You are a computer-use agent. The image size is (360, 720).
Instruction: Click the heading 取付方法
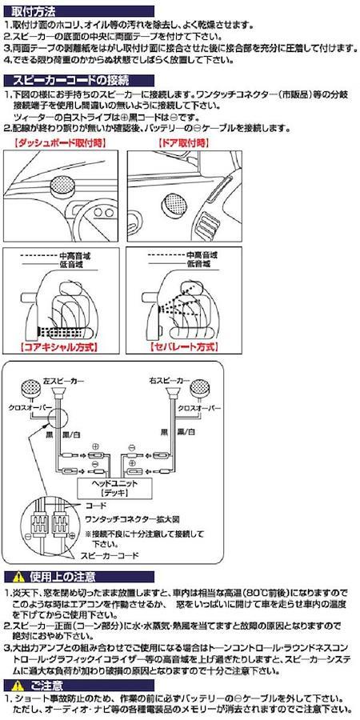(x=31, y=10)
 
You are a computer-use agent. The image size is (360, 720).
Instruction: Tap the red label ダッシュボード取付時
(x=60, y=142)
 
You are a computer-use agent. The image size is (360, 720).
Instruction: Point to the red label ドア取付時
(x=183, y=142)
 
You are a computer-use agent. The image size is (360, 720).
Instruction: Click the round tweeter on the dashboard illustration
(x=62, y=186)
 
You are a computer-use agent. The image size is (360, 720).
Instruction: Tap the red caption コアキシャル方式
(x=60, y=346)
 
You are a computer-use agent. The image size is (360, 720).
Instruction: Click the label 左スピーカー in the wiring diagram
(x=61, y=381)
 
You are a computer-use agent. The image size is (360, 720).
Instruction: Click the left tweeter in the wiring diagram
(x=31, y=389)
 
